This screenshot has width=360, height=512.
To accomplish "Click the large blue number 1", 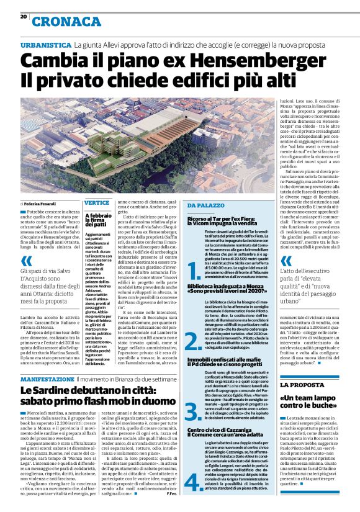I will (194, 270).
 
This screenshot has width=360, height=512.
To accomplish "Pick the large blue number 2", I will (194, 339).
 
